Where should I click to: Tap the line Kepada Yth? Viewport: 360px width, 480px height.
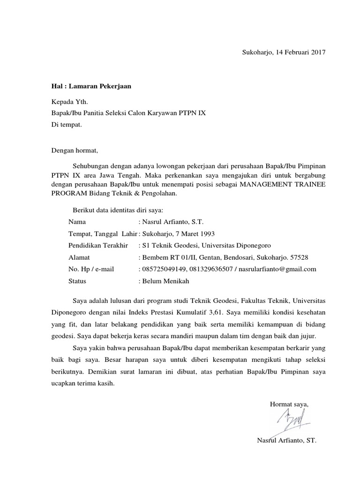[69, 101]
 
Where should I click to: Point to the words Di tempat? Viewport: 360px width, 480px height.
[67, 125]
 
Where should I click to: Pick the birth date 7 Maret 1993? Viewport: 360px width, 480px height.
[194, 233]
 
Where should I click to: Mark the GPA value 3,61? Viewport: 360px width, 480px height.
[217, 312]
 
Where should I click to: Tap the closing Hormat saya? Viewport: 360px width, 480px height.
[289, 404]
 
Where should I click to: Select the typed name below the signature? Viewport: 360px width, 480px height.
[287, 440]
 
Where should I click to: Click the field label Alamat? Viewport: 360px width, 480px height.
[79, 257]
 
